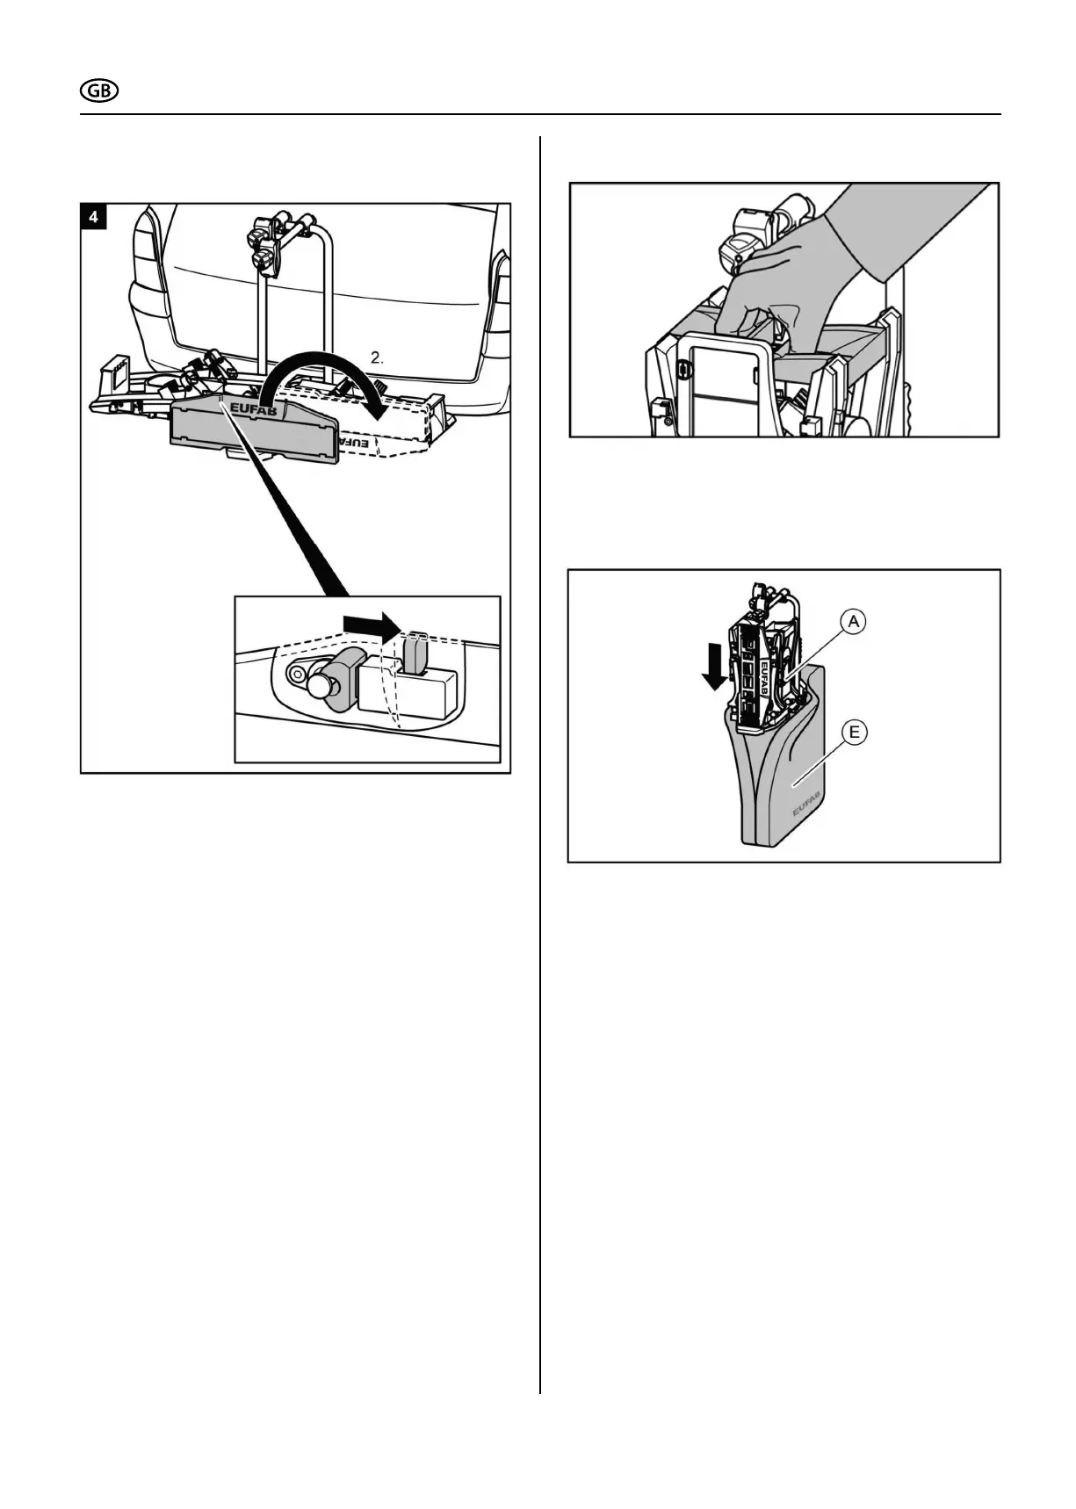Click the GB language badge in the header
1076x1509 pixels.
pos(99,91)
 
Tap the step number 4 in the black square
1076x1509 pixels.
pos(93,216)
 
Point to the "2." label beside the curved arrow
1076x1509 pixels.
pos(377,357)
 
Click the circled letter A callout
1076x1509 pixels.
pos(853,622)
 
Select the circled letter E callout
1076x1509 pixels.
pos(853,731)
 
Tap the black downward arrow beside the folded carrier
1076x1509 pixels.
pos(715,668)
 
